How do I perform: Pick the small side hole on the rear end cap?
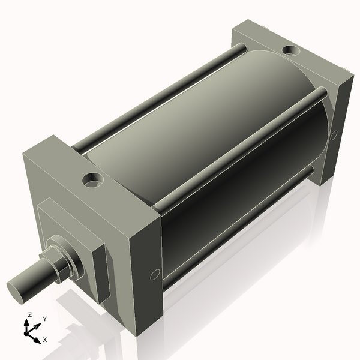pos(334,135)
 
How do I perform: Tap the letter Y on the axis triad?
pos(44,319)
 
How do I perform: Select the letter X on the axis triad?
pos(44,340)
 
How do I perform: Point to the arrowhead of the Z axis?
pos(26,322)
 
